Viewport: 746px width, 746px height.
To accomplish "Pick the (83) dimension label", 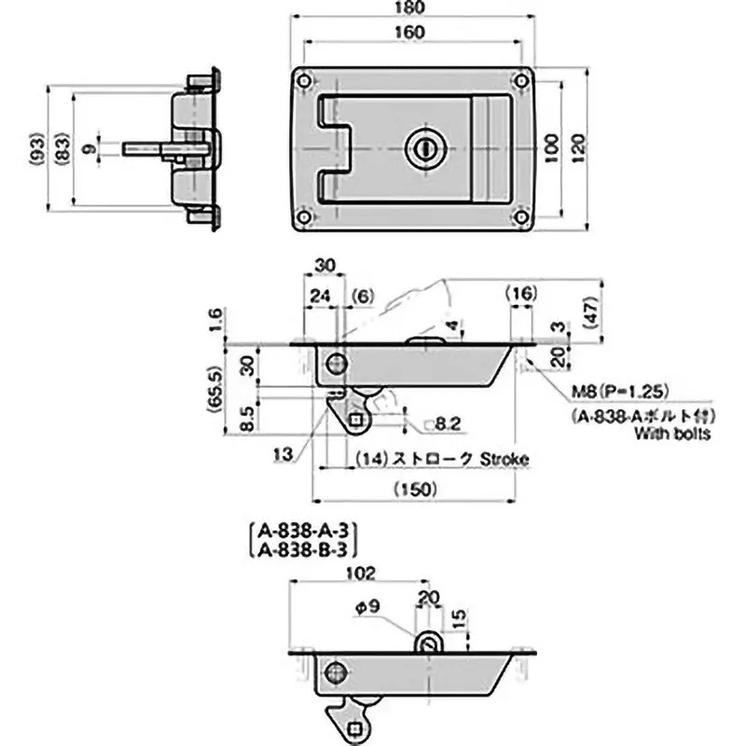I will pos(62,149).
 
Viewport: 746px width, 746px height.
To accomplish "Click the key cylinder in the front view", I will pos(421,148).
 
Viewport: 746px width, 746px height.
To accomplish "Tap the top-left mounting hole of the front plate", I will pos(305,79).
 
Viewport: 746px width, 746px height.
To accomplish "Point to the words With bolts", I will pos(672,434).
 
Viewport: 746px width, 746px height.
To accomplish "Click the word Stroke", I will pos(504,459).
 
